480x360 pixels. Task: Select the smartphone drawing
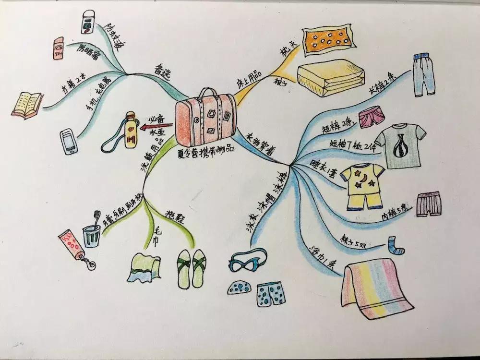[69, 142]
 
